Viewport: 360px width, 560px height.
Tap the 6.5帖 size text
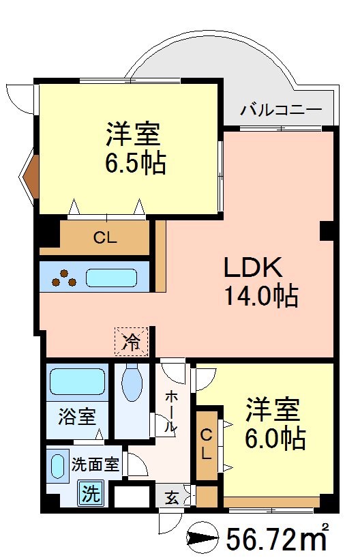tap(135, 164)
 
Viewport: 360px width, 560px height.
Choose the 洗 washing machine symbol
tap(91, 492)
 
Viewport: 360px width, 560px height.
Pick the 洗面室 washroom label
tap(95, 465)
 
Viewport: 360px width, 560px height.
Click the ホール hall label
tap(171, 411)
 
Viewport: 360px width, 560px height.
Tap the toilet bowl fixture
tap(131, 384)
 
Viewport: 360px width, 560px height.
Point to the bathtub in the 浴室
tap(76, 381)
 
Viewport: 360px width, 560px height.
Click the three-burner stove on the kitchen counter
tap(65, 278)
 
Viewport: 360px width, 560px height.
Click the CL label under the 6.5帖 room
tap(105, 238)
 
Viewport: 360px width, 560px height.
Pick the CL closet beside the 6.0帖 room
tap(207, 443)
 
